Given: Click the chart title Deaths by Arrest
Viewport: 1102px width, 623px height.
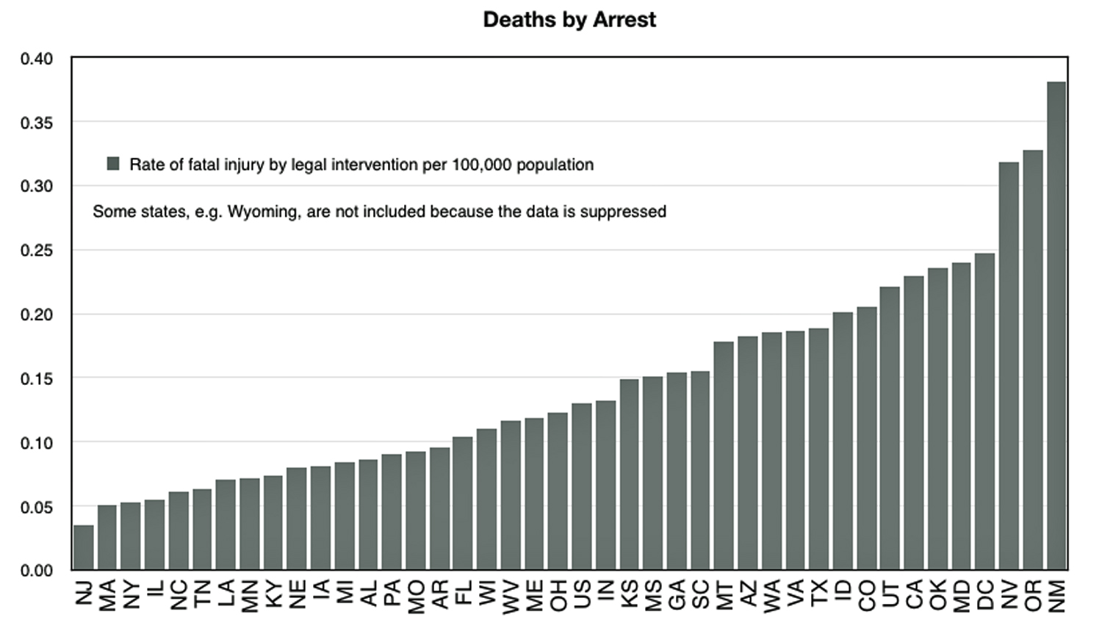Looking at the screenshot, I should (x=569, y=20).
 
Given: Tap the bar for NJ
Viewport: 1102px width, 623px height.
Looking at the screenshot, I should (x=84, y=547).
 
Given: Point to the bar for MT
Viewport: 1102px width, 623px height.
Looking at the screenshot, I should (x=724, y=455).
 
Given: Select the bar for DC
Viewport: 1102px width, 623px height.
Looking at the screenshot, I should (x=984, y=411).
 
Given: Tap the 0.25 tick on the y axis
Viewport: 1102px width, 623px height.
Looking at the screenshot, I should (x=37, y=251).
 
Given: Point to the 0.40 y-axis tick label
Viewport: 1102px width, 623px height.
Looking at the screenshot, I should (x=37, y=59).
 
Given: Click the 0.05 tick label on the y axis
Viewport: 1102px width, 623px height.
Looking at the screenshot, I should (x=37, y=507).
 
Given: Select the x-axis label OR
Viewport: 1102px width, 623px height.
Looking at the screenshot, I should (x=1033, y=595).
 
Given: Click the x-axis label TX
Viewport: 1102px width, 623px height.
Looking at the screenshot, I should (x=819, y=593).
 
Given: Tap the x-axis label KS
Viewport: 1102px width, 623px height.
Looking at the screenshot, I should (x=630, y=594).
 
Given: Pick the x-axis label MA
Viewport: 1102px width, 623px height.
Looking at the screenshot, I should (x=107, y=595).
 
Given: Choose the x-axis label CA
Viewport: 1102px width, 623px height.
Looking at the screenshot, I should (x=914, y=594).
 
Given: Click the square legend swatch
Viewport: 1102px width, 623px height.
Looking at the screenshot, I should (x=113, y=164).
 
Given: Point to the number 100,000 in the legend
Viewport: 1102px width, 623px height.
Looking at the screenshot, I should (x=481, y=165).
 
